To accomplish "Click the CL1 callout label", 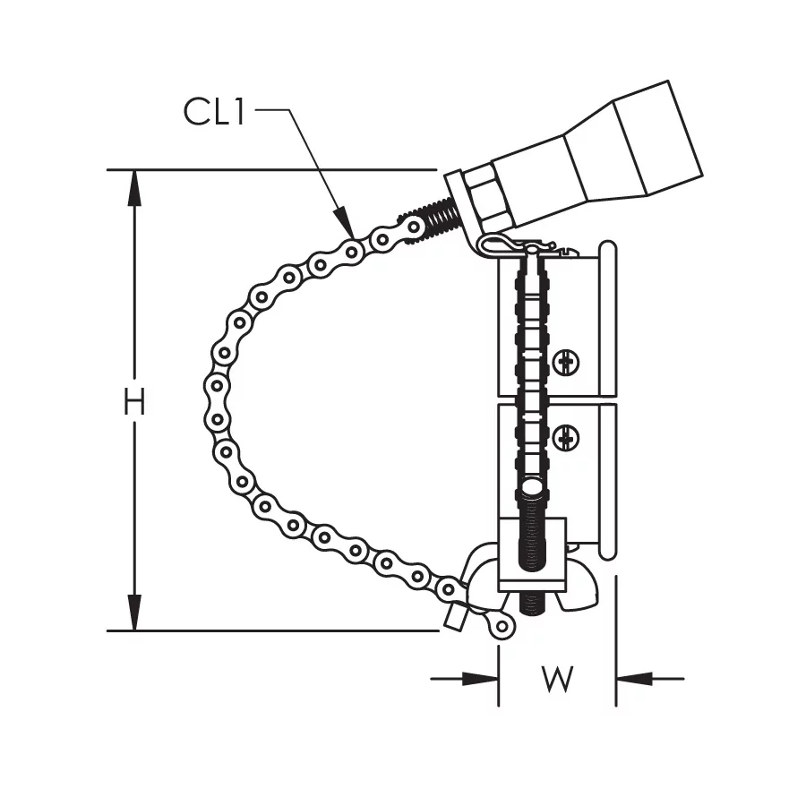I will coord(215,112).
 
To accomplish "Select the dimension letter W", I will coord(557,680).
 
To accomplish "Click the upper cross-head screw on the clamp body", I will coord(565,363).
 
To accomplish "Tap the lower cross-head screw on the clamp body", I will coord(565,439).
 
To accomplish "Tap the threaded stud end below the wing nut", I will coord(531,602).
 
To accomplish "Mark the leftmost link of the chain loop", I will coord(216,403).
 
